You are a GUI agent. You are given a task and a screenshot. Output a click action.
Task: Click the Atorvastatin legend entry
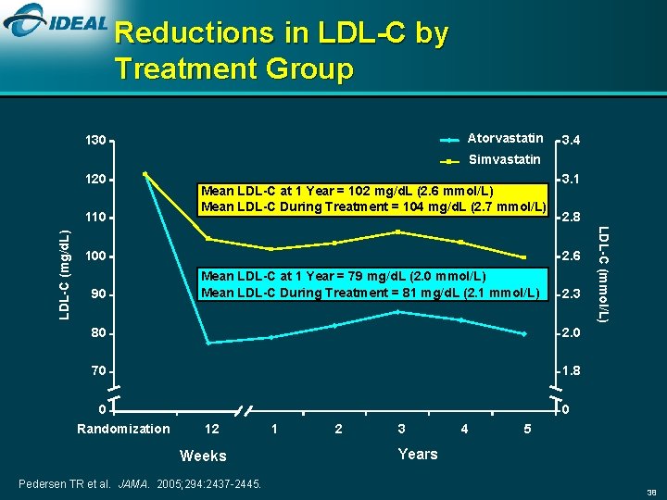[505, 139]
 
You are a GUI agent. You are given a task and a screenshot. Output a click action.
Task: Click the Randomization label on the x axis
[123, 429]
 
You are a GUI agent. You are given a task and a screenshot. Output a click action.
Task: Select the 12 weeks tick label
[211, 429]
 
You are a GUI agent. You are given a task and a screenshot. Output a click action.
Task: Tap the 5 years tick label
[527, 429]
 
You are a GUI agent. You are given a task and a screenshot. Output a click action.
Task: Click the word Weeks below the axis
[203, 456]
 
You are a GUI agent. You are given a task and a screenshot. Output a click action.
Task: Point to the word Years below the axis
[417, 454]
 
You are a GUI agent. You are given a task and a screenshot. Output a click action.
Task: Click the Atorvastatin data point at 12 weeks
[208, 343]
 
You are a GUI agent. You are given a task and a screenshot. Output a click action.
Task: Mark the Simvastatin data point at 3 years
[397, 231]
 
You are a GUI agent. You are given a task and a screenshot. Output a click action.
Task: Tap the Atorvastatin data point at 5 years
[523, 333]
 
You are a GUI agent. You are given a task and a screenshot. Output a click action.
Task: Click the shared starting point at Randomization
[145, 174]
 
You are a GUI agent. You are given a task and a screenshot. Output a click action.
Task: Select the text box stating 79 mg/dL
[371, 284]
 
